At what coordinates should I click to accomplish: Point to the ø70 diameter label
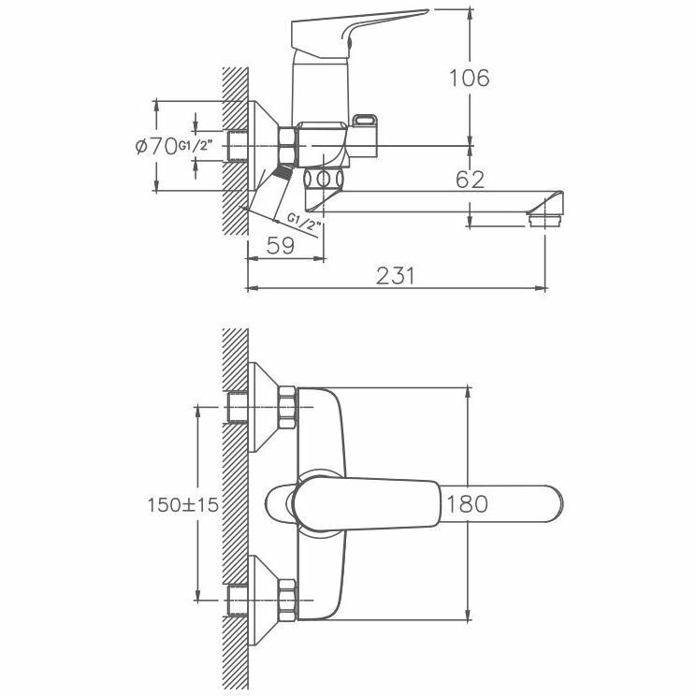[x=155, y=146]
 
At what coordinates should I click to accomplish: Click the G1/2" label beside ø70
[x=196, y=146]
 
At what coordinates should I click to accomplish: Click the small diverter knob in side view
[x=367, y=123]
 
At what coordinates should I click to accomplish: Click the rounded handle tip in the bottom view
[x=547, y=503]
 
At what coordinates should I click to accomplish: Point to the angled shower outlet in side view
[x=278, y=195]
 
